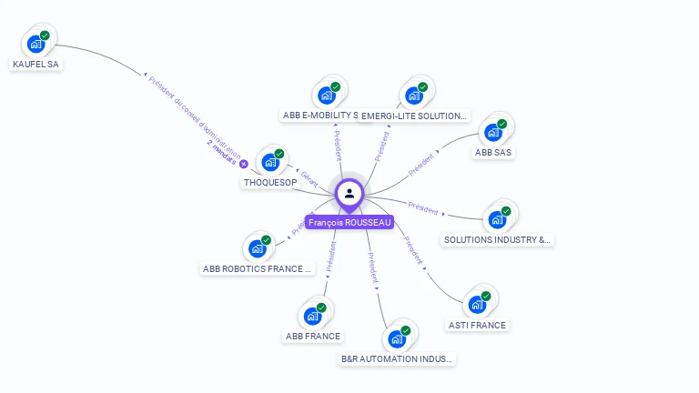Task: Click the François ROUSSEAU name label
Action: (x=349, y=222)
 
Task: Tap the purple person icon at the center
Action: (x=349, y=193)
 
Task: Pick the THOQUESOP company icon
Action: (x=271, y=161)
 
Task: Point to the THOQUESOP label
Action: (x=270, y=182)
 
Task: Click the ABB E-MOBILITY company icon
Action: (x=327, y=94)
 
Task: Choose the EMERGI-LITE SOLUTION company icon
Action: (x=415, y=94)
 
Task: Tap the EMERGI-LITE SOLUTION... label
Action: (x=415, y=116)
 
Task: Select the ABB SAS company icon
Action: (x=495, y=130)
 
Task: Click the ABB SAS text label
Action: (x=494, y=152)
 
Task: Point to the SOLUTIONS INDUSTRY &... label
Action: (x=497, y=240)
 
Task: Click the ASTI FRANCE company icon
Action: (x=478, y=303)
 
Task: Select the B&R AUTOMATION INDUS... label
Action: (x=397, y=359)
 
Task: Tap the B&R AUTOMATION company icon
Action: (x=398, y=338)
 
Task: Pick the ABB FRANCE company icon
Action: (x=313, y=315)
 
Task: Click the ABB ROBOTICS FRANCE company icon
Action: (x=258, y=247)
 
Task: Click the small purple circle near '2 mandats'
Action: (x=243, y=164)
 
